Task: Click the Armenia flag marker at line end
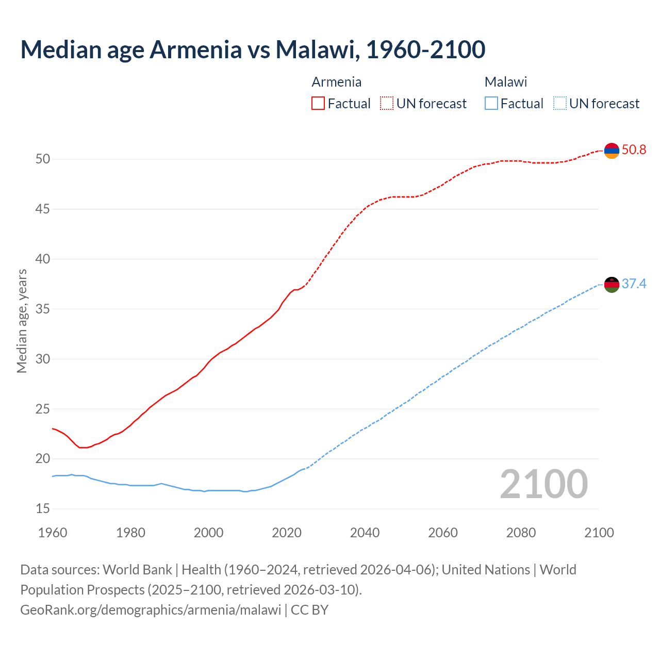coord(612,151)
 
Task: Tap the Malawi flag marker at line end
coord(612,285)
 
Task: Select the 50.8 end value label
coord(634,150)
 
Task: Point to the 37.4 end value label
coord(634,284)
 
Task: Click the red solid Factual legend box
coord(318,104)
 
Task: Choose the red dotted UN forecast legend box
coord(387,104)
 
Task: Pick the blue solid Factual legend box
coord(491,104)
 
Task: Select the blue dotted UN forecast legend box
coord(560,104)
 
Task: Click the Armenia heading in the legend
coord(336,82)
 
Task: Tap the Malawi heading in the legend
coord(505,82)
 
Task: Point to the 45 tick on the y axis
coord(43,209)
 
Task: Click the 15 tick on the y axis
coord(43,509)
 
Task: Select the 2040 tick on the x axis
coord(365,533)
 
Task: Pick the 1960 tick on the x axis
coord(53,533)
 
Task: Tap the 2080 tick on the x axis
coord(521,533)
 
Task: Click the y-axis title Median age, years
coord(22,321)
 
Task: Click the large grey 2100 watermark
coord(543,484)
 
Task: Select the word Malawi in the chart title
coord(315,49)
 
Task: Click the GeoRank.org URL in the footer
coord(151,610)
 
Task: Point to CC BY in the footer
coord(309,610)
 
